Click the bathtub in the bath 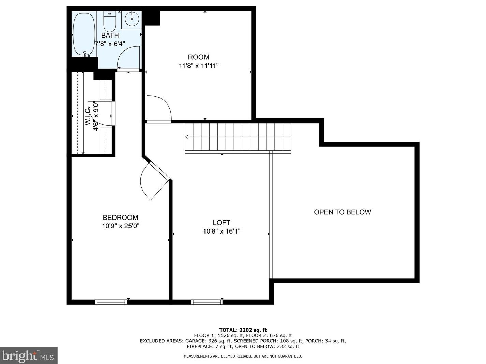84,34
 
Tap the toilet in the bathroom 110,22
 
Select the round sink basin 132,19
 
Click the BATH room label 110,35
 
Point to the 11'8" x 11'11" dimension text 199,66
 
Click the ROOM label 199,57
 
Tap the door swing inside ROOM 159,108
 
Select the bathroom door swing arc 128,58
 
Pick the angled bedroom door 155,180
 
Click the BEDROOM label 120,217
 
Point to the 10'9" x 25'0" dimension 120,226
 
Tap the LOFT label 222,223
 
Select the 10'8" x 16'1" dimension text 222,232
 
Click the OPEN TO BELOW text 343,212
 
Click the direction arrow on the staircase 187,137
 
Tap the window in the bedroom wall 111,302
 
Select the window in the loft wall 207,302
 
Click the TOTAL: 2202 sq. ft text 243,330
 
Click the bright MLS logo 28,355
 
